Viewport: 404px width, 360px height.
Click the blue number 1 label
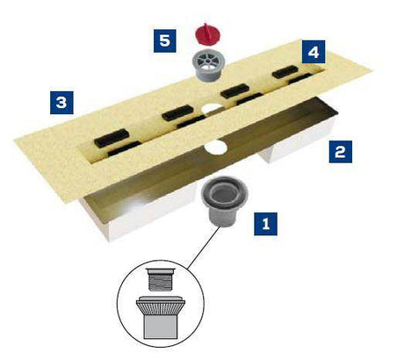coord(265,224)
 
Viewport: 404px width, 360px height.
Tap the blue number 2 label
coord(341,152)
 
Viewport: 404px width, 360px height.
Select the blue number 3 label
coord(61,103)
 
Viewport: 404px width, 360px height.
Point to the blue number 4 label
coord(314,52)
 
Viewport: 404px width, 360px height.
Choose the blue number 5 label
coord(165,40)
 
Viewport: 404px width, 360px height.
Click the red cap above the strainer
coord(207,34)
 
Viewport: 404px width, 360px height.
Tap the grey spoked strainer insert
coord(207,65)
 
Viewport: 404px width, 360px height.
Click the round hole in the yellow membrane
coord(212,109)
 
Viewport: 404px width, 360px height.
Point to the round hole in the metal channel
coord(216,147)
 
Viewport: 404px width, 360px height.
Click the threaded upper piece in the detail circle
coord(162,279)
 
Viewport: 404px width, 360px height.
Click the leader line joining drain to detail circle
coord(204,248)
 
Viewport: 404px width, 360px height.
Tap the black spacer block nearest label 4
coord(285,72)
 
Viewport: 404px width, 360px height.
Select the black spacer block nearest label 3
coord(112,138)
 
